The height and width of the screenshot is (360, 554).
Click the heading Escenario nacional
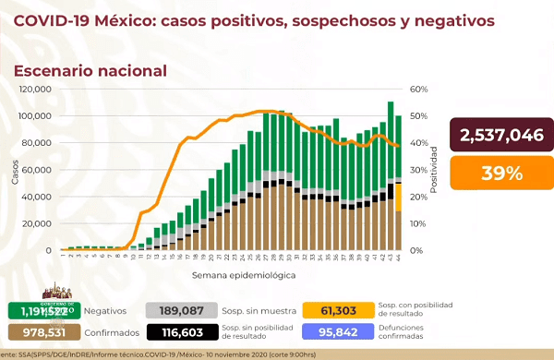(x=90, y=70)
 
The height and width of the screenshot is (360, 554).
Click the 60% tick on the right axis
(x=418, y=90)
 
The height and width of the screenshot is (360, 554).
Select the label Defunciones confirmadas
(x=411, y=332)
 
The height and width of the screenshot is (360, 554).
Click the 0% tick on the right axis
(x=416, y=250)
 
